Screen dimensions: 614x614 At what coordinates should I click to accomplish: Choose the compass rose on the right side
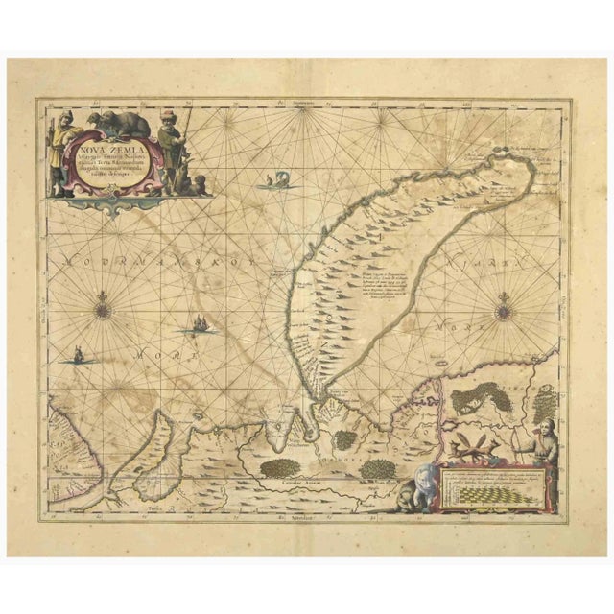(504, 310)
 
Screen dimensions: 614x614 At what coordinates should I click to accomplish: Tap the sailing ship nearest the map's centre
(200, 325)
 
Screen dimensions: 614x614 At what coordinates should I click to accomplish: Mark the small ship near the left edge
(75, 356)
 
